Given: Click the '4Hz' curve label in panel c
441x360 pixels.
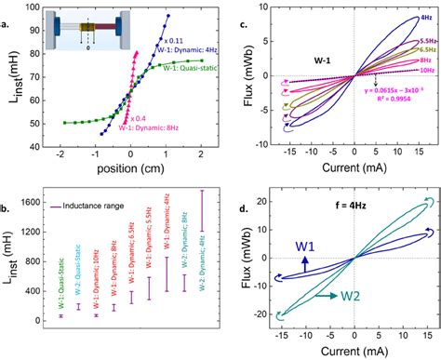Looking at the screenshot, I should point(424,18).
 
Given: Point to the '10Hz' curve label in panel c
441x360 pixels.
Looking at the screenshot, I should point(423,96).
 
